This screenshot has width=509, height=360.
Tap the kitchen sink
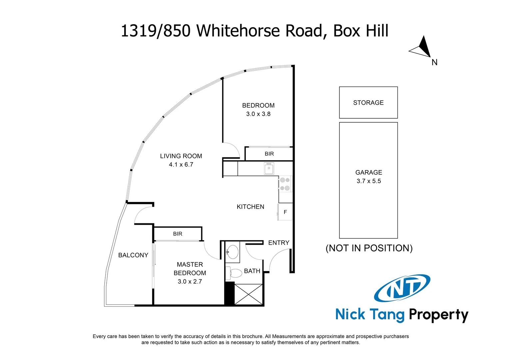point(269,168)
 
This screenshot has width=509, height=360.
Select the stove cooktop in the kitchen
point(285,184)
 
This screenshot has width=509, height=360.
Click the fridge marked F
point(285,212)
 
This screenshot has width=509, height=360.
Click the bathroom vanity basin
point(233,251)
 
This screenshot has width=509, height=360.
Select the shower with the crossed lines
point(249,294)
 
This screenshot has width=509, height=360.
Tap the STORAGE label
point(368,103)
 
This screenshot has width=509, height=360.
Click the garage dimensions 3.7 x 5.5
point(368,181)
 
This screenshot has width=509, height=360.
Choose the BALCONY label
point(133,255)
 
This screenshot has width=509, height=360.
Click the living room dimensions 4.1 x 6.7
point(181,164)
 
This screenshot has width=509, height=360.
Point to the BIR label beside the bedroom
point(269,154)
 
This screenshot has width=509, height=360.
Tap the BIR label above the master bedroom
point(178,234)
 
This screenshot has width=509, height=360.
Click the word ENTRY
point(279,243)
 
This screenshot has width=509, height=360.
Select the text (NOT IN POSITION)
point(369,248)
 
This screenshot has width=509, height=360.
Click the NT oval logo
point(402,288)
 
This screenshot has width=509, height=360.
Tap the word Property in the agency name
point(438,314)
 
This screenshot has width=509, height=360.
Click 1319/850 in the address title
point(156,31)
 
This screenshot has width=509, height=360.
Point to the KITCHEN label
point(251,207)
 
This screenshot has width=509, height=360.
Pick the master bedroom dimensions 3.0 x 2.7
point(190,282)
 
